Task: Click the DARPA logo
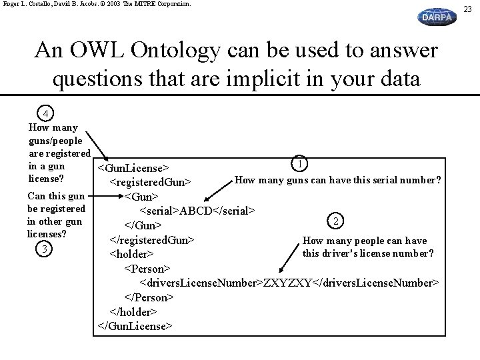[x=437, y=17]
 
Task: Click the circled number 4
[x=45, y=113]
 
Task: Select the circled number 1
[x=301, y=164]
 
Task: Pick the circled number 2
[x=337, y=221]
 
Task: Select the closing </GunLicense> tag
[x=135, y=326]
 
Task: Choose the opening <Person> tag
[x=147, y=268]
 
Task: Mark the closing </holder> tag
[x=133, y=311]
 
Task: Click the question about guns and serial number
[x=338, y=180]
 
